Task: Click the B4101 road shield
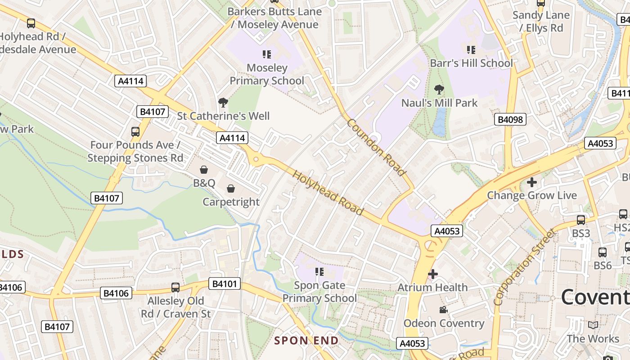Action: coord(225,283)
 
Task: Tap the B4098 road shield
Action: coord(510,119)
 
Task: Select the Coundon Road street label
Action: coord(376,147)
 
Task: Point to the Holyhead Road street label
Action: coord(328,192)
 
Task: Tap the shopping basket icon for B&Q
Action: coord(204,170)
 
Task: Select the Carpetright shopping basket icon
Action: coord(231,189)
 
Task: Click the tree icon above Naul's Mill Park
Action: coord(439,90)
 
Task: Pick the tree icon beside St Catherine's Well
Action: coord(223,103)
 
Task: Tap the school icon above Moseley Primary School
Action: coord(267,54)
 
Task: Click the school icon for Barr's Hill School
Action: coord(471,49)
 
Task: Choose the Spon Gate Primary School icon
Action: coord(319,271)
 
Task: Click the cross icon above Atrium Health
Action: coord(433,274)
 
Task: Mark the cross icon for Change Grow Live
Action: coord(532,182)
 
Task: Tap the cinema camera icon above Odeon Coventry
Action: coord(443,310)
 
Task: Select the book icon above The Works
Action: coord(593,325)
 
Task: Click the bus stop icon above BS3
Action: coord(581,220)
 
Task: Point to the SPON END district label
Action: coord(306,341)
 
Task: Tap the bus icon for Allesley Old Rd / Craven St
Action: coord(175,287)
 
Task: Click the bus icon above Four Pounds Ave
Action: coord(135,131)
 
